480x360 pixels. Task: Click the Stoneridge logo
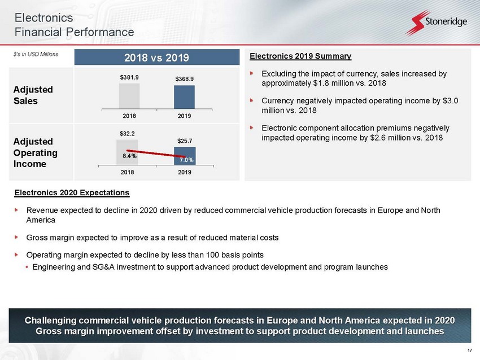437,23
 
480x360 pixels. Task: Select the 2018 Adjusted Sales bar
129,96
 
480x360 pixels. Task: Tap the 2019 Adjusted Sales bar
184,97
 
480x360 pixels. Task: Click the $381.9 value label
129,77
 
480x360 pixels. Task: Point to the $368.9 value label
184,79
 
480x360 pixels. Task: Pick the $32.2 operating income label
127,134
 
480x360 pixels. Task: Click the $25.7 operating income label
185,141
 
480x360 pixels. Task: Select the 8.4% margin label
129,156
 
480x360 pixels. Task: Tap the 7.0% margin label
186,160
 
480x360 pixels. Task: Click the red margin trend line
156,153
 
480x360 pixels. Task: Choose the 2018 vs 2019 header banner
157,58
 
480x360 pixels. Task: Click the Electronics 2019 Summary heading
300,56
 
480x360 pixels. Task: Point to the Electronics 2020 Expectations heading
72,192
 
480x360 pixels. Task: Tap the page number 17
470,350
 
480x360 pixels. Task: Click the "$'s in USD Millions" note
36,54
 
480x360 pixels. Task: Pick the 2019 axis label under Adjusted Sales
184,116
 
